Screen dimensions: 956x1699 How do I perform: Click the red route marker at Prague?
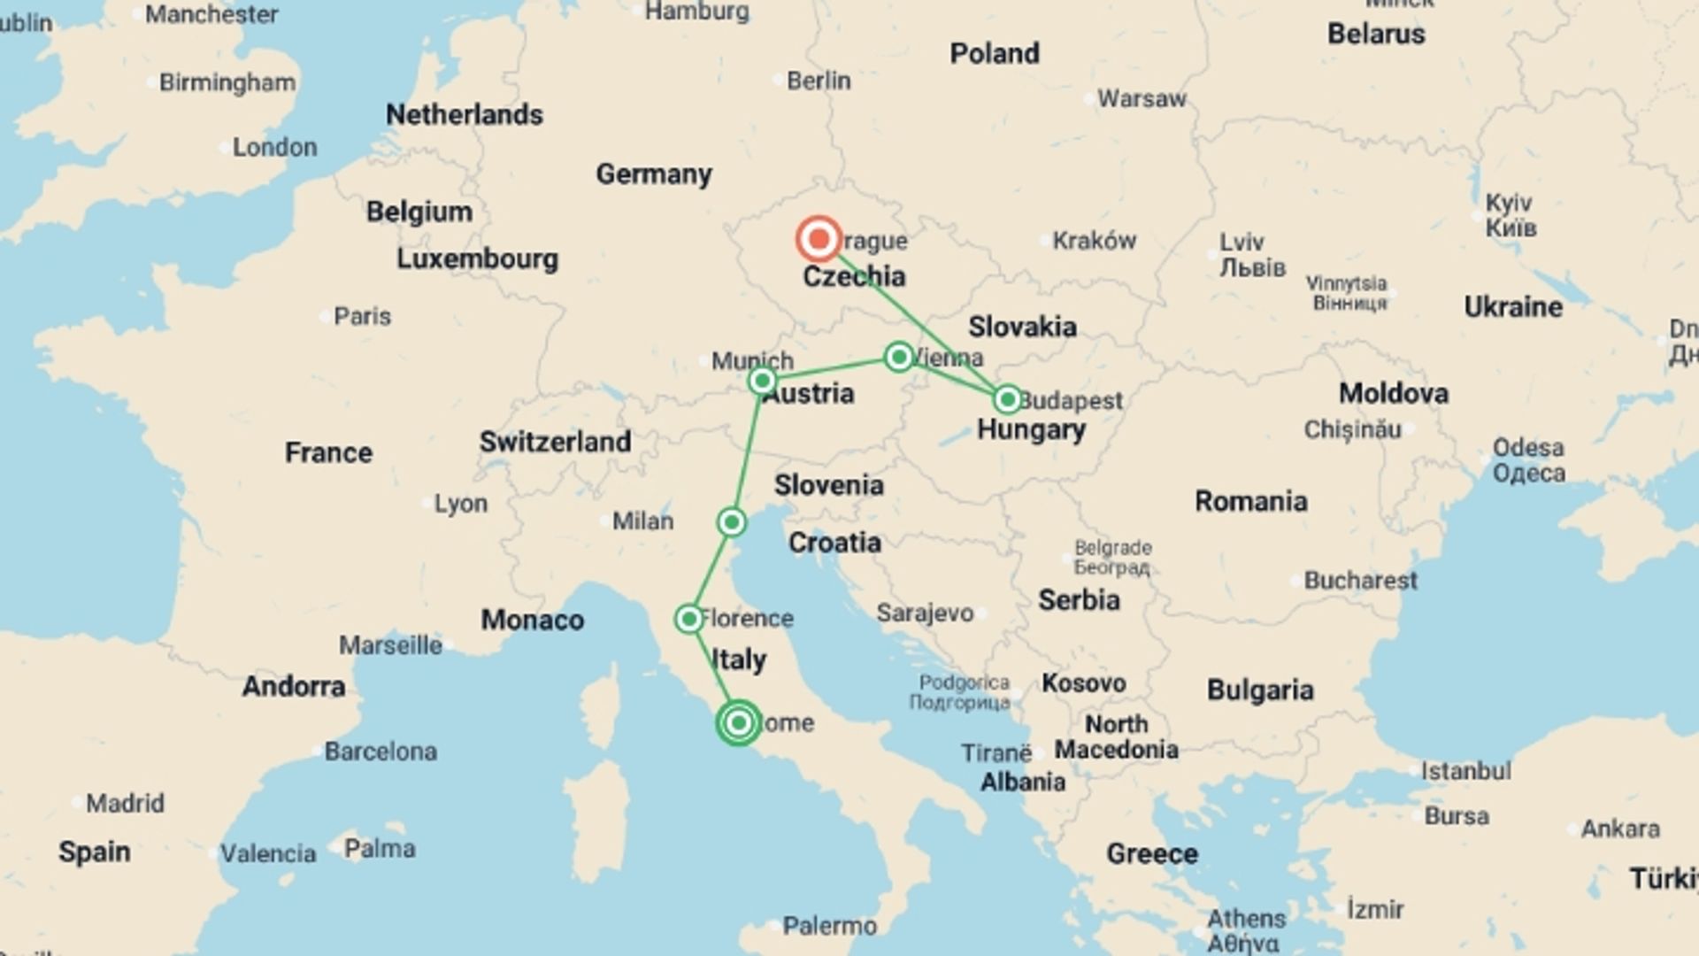819,239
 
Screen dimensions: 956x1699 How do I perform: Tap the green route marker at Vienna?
899,357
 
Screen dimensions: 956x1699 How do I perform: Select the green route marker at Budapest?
1007,400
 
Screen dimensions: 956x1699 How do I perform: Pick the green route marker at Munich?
762,382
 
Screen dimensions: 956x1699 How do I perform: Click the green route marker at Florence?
688,619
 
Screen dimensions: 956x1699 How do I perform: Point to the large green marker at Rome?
738,723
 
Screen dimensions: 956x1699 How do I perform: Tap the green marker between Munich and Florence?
732,522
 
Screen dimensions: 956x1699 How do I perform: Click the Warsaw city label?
1141,98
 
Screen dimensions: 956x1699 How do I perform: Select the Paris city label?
362,316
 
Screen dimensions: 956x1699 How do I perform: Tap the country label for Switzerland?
555,442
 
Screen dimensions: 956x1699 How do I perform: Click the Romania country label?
1250,501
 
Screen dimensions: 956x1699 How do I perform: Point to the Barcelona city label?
381,752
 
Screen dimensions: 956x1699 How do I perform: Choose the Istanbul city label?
1465,771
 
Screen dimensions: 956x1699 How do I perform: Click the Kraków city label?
1094,240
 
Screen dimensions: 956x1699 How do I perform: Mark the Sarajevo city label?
925,613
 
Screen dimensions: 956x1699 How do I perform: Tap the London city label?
274,147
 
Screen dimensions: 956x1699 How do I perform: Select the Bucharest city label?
1360,581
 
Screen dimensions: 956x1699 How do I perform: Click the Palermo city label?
829,926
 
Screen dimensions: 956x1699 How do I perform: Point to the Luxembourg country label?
477,258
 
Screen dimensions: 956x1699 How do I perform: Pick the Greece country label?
1151,853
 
